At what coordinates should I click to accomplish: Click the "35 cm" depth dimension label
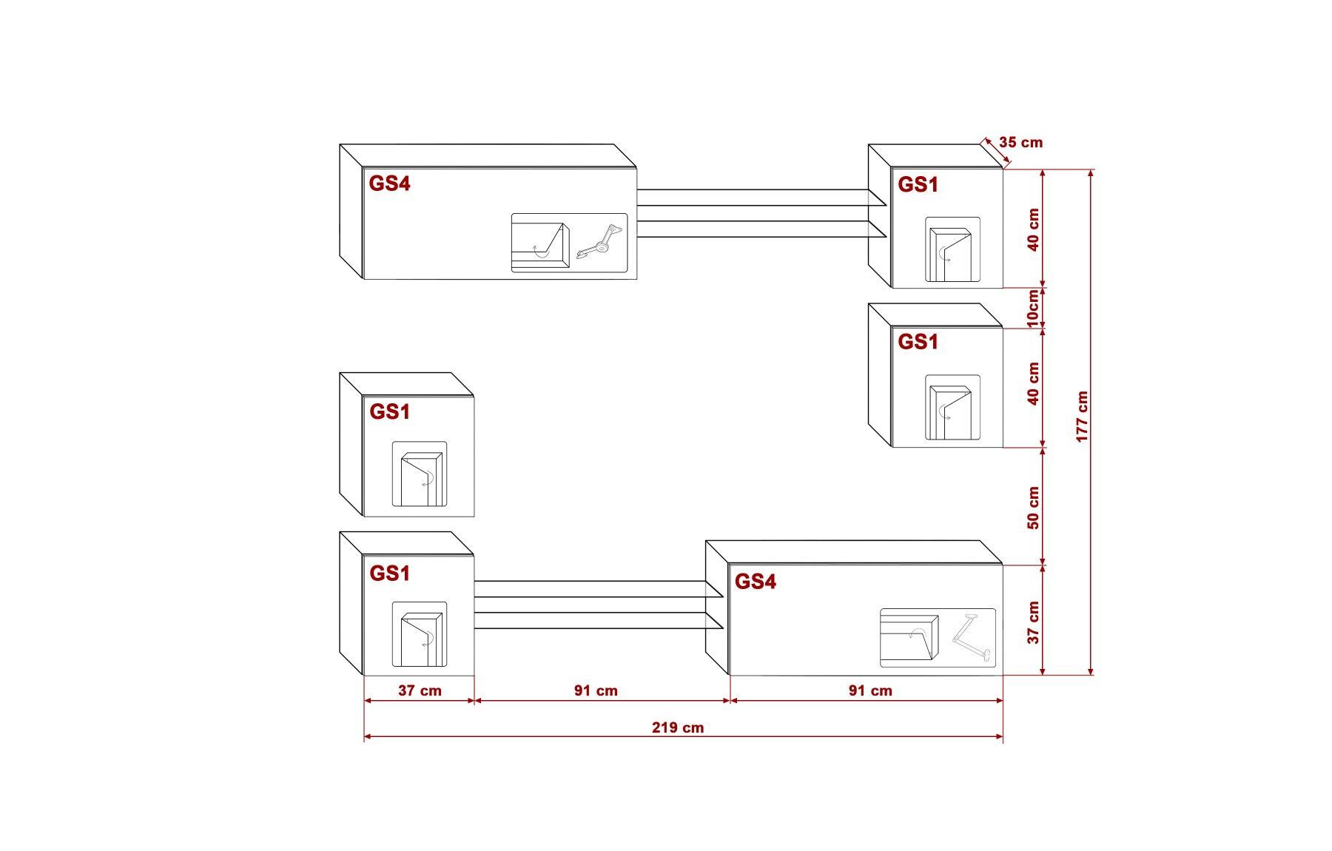click(1020, 142)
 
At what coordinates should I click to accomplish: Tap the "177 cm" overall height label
click(1083, 417)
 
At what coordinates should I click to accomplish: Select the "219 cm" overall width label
click(678, 727)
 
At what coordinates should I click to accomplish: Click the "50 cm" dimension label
click(1034, 508)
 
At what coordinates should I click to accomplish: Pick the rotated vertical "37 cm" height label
click(1034, 622)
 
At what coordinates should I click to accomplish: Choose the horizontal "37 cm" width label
click(420, 690)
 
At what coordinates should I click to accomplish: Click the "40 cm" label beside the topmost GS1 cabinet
click(1034, 229)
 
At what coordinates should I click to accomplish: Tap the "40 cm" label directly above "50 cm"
click(1034, 383)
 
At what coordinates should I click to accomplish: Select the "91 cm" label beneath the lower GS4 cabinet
click(870, 690)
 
